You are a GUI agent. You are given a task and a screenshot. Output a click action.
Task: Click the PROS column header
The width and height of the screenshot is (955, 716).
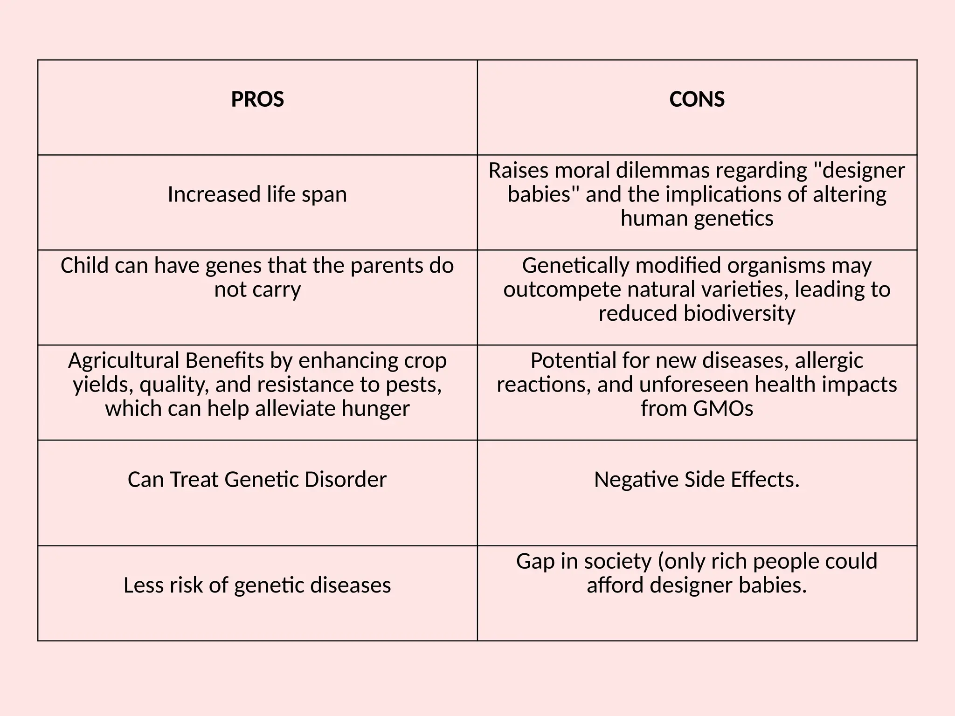tap(257, 99)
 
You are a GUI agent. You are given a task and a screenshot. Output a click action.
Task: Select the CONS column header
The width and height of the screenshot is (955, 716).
tap(697, 99)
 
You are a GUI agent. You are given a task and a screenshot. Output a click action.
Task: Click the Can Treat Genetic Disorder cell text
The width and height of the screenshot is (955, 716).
tap(257, 480)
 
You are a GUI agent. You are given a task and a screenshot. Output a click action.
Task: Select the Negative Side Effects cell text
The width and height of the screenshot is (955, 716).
tap(697, 480)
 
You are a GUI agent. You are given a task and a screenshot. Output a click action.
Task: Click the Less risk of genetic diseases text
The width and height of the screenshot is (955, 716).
tap(257, 585)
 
